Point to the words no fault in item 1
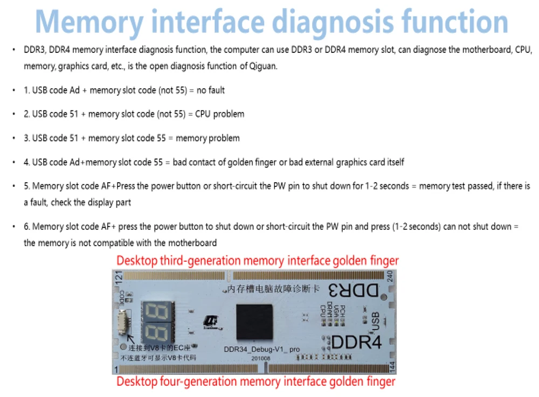(211, 90)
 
